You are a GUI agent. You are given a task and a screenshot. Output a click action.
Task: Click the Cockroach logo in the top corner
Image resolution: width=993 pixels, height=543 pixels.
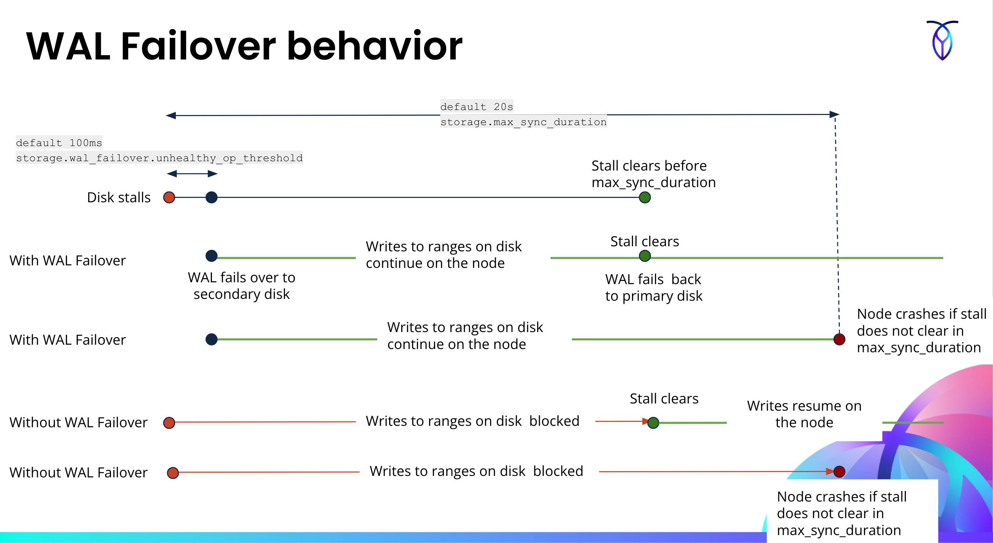[942, 40]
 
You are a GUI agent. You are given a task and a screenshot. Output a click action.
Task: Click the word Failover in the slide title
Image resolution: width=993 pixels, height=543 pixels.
[198, 46]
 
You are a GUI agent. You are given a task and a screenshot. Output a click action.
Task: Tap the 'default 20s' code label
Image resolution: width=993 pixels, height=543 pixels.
[476, 106]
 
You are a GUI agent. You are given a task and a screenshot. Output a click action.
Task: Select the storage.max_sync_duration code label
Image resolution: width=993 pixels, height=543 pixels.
[523, 122]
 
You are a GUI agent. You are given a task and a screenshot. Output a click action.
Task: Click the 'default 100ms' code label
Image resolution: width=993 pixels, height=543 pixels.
[59, 143]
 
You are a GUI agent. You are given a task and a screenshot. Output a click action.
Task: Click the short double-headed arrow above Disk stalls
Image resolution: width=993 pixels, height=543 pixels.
[192, 174]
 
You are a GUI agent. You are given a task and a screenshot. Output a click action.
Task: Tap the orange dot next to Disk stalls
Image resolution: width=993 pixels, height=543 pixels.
[169, 198]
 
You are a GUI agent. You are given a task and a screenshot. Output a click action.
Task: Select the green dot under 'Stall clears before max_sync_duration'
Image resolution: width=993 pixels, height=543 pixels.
[645, 198]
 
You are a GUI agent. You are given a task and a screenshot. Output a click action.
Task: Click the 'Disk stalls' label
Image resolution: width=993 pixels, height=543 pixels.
[119, 198]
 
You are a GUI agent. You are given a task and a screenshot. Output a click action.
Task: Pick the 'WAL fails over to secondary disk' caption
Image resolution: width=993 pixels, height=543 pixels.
[241, 286]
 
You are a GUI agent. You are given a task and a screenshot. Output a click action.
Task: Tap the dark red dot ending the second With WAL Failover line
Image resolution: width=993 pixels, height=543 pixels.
[839, 339]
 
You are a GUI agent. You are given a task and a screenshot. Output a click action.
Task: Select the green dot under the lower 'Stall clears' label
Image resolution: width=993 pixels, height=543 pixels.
[653, 423]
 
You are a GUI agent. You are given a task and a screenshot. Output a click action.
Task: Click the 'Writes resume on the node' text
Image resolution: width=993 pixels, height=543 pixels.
[804, 414]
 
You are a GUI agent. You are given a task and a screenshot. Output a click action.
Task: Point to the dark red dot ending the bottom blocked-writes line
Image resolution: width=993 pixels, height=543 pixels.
[839, 471]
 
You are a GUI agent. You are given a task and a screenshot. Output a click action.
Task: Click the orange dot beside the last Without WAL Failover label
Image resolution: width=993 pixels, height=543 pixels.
[173, 472]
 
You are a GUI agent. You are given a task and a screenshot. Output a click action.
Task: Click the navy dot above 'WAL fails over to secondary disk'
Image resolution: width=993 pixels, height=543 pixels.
[211, 256]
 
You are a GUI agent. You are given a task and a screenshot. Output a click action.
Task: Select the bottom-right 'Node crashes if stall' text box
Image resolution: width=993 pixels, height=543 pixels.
[842, 513]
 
